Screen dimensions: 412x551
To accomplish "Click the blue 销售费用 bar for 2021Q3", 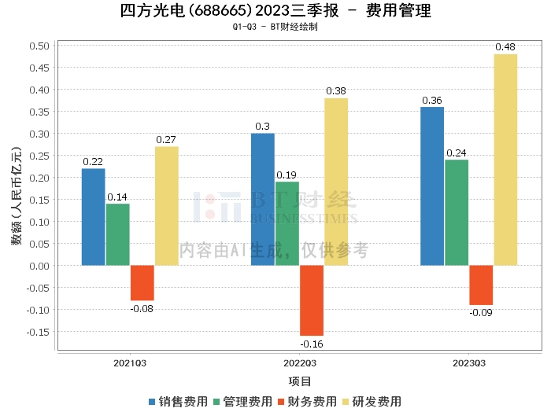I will pos(93,217).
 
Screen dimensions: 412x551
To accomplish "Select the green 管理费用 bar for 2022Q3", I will pos(287,223).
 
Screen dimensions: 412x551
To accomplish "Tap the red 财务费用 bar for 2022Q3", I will pos(311,300).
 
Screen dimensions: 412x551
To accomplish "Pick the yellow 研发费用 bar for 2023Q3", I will pos(505,160).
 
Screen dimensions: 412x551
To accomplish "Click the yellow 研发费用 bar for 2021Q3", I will pos(166,206).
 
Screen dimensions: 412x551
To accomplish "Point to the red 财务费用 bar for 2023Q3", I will pos(481,285).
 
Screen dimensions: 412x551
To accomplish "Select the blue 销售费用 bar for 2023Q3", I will pos(432,186).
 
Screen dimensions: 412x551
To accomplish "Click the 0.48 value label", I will pos(505,47).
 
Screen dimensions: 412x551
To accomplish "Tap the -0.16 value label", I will pos(311,343).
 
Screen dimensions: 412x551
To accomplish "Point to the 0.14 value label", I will pos(118,197).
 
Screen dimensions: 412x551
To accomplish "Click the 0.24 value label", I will pos(457,153).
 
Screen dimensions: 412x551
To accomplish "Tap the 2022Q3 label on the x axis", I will pos(299,363).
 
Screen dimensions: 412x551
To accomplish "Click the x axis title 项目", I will pos(300,382).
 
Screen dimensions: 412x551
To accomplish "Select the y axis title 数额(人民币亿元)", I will pos(17,196).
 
